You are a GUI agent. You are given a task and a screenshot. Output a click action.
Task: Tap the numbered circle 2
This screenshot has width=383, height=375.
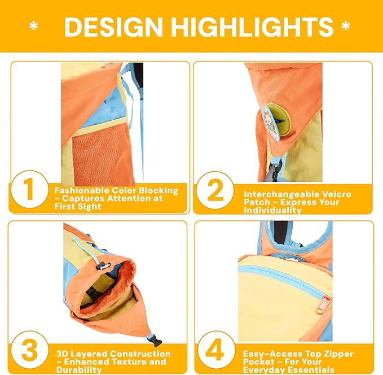point(215,192)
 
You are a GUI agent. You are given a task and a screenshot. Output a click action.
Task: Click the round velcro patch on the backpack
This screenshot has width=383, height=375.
point(273,120)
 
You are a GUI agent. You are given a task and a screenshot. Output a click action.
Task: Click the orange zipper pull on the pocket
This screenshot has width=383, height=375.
point(322,304)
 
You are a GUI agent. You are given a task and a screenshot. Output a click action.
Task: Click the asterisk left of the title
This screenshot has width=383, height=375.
point(34,27)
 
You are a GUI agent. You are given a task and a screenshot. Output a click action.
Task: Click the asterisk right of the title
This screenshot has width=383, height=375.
point(345,27)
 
